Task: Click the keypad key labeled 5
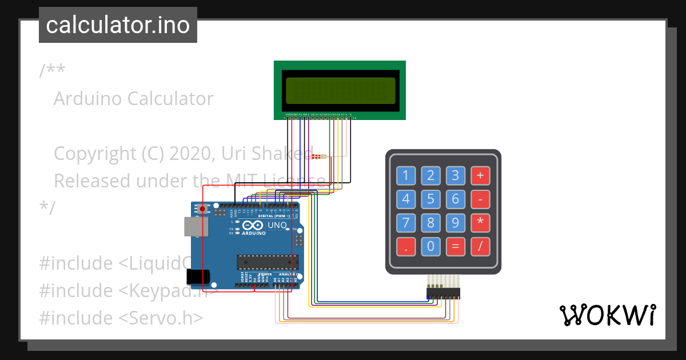click(431, 199)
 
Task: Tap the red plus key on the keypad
click(480, 175)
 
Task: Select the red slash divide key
click(480, 247)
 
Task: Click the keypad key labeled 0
click(431, 247)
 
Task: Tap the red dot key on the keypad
click(406, 247)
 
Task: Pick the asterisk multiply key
click(480, 223)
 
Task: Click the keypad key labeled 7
click(406, 223)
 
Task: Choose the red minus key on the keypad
click(480, 199)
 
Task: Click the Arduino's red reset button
click(202, 209)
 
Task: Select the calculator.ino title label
click(118, 25)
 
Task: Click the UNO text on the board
click(277, 226)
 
